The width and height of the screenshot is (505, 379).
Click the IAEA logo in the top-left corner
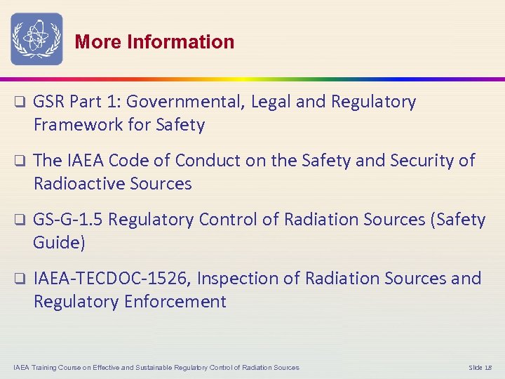click(36, 39)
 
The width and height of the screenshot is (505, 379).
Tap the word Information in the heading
click(180, 42)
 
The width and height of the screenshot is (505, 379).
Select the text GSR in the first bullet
click(49, 102)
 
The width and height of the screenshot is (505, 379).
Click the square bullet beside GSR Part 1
click(20, 102)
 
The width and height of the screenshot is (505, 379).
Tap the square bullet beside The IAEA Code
click(20, 161)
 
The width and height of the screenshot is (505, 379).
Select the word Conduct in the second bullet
click(204, 161)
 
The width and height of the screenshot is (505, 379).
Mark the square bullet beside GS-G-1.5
click(20, 220)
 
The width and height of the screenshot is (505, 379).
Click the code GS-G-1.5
click(68, 220)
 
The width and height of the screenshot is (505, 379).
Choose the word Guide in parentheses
click(58, 243)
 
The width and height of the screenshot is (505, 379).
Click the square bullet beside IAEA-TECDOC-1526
click(20, 279)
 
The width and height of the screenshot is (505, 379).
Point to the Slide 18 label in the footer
click(480, 368)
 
